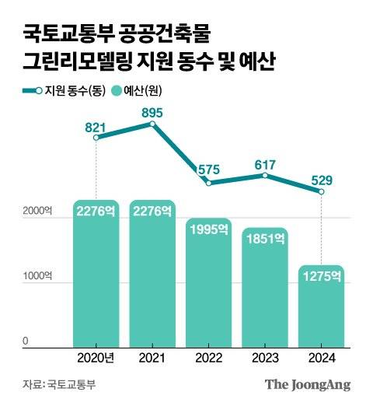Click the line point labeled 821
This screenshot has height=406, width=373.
pos(96,138)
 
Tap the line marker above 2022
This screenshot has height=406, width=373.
pos(208,183)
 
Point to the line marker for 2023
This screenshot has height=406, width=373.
pos(265,176)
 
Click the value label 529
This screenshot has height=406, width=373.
pos(322,180)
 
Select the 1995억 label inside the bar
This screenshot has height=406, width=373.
pos(208,229)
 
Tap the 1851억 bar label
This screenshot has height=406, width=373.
pos(265,240)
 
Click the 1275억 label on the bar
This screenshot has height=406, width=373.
pos(321,276)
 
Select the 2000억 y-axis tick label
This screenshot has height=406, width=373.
pos(38,211)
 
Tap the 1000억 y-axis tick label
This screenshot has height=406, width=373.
pos(38,276)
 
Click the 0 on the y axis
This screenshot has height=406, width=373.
pos(25,341)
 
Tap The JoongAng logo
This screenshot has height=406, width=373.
pos(308,384)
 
